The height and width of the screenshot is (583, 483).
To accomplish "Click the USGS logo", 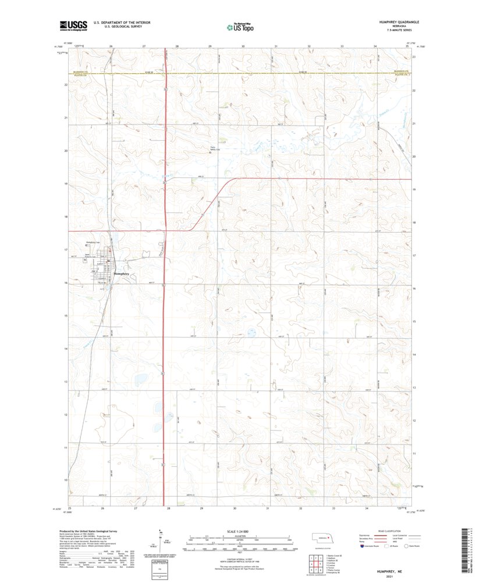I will pyautogui.click(x=73, y=25).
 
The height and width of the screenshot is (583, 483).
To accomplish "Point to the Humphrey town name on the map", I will pyautogui.click(x=121, y=273).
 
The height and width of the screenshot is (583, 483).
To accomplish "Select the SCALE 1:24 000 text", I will pyautogui.click(x=239, y=531).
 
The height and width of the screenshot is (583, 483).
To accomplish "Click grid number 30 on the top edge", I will pyautogui.click(x=243, y=45).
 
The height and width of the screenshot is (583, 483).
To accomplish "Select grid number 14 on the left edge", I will pyautogui.click(x=66, y=348).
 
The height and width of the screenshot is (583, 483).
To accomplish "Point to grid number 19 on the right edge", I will pyautogui.click(x=413, y=190).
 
